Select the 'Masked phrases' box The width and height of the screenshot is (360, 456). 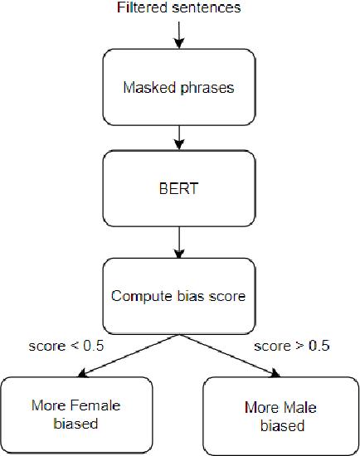(x=179, y=85)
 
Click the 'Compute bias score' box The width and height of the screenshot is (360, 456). (x=179, y=296)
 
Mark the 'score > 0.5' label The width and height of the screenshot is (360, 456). (x=290, y=345)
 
